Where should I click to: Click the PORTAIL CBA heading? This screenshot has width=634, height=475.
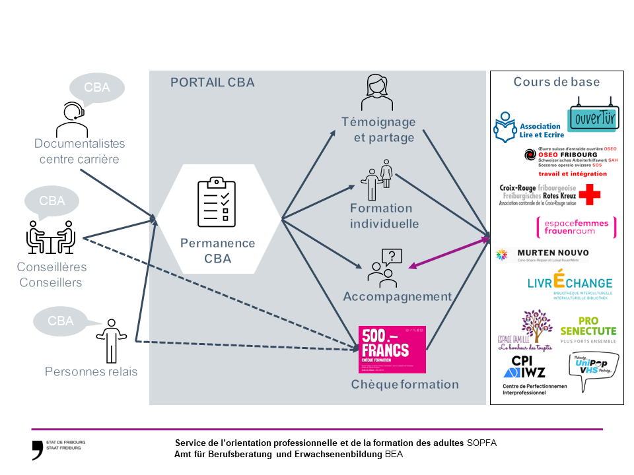click(x=212, y=82)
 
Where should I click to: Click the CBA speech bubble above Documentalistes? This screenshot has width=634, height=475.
click(x=96, y=88)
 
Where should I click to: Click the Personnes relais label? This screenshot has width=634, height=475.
click(x=91, y=371)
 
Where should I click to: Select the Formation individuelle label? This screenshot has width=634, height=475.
click(x=384, y=216)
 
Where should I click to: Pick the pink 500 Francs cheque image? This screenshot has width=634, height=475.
click(x=392, y=349)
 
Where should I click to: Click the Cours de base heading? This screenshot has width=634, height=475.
click(x=556, y=82)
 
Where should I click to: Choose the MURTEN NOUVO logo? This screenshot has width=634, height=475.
click(x=543, y=254)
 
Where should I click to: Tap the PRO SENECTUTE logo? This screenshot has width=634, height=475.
click(x=588, y=331)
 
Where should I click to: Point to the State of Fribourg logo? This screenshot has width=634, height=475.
click(x=38, y=448)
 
